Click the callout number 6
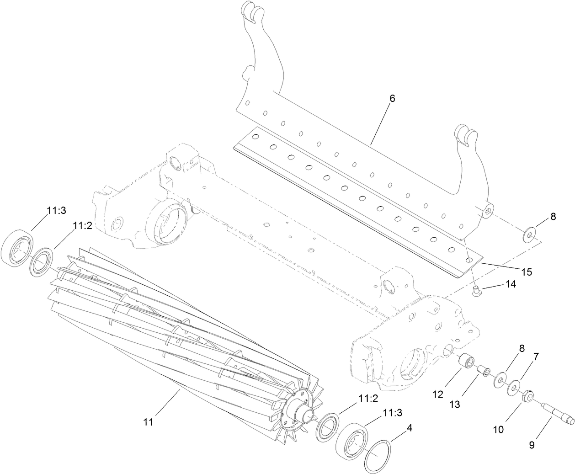392,98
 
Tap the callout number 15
527,272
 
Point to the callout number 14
510,284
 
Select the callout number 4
410,428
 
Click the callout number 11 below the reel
149,421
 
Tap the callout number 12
438,394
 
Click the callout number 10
498,429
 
